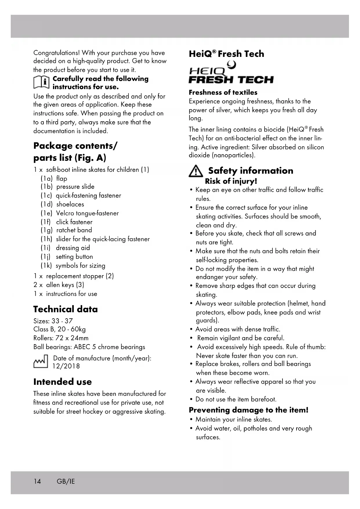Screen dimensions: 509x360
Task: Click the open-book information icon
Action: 41,82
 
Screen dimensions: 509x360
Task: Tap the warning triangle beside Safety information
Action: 196,171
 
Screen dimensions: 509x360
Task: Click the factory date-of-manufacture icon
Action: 41,362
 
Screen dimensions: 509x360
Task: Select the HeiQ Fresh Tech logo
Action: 231,74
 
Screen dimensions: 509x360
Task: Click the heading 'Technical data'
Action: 66,309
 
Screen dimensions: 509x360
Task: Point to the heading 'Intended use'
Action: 63,382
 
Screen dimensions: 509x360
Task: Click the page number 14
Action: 37,481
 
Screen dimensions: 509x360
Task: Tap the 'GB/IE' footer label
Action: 66,481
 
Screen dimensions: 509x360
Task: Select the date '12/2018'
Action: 66,366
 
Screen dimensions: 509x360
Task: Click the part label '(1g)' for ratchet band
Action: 46,230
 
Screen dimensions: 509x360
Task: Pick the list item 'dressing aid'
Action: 73,248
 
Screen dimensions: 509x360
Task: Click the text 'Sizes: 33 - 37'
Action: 53,321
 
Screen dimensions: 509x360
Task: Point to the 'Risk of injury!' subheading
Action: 231,181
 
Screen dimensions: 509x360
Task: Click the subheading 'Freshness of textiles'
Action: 223,93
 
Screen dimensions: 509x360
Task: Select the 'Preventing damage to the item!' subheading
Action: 249,410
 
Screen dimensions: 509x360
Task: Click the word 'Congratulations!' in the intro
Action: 57,53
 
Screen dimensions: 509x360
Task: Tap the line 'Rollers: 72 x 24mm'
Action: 61,338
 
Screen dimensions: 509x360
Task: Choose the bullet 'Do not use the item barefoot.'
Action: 236,399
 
